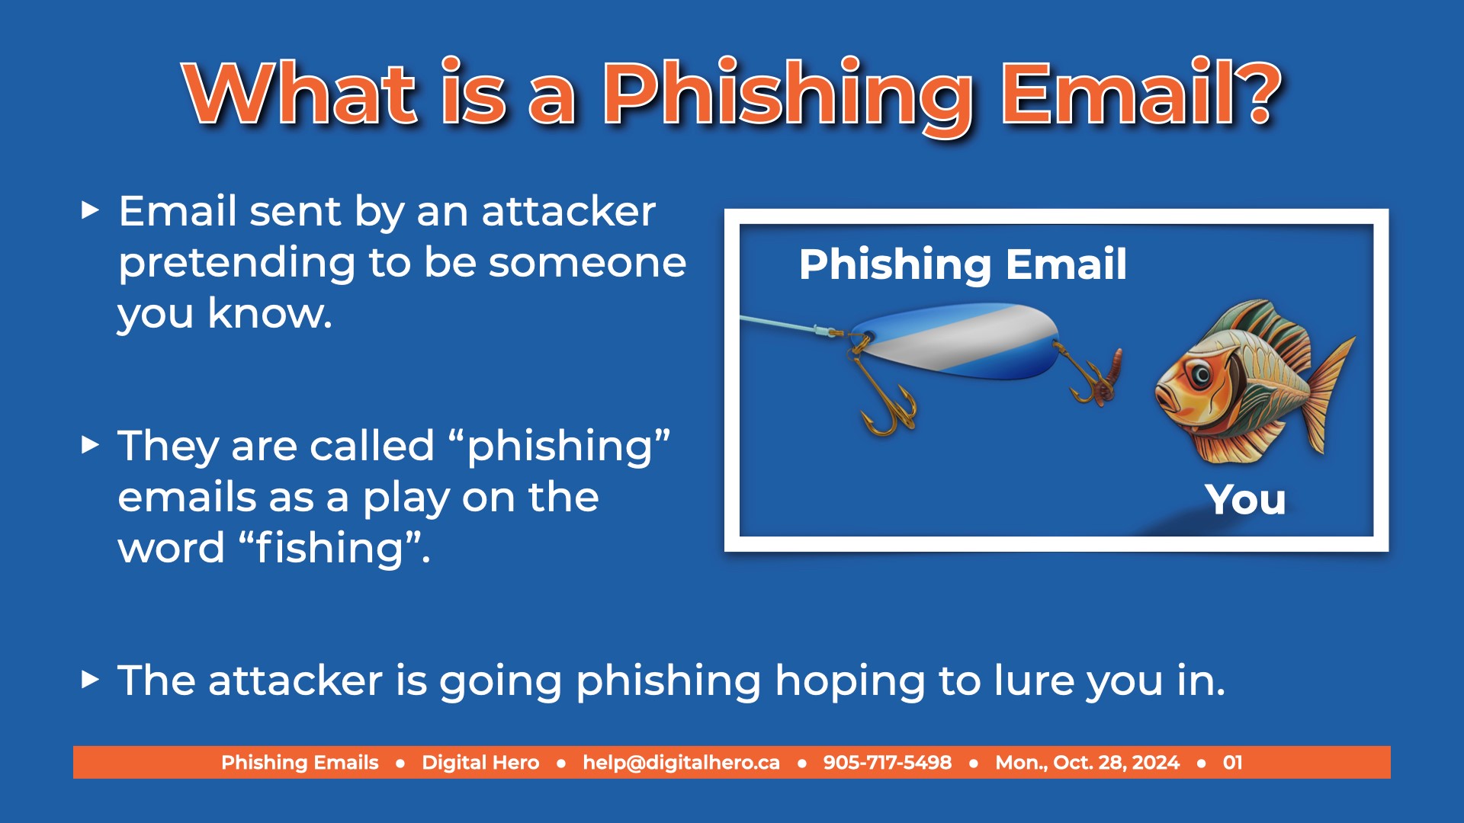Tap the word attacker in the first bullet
[568, 211]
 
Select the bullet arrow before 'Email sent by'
[90, 210]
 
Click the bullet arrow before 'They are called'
[90, 444]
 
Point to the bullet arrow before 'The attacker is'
[90, 679]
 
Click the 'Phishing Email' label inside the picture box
[963, 265]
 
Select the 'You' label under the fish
[1246, 500]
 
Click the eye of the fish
[1201, 375]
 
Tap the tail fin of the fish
[1325, 396]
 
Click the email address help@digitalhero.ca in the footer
[681, 763]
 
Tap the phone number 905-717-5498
[888, 763]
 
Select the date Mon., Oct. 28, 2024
[1087, 763]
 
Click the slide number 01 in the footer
[1233, 763]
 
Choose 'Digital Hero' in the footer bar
[480, 763]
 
